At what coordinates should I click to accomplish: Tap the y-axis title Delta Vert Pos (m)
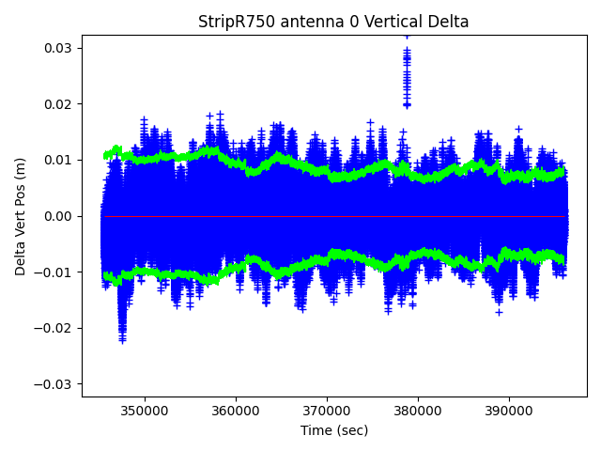click(x=21, y=216)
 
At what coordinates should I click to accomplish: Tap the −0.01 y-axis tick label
click(x=56, y=272)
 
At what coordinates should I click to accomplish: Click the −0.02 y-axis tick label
click(x=56, y=328)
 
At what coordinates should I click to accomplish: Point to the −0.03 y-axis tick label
click(x=56, y=384)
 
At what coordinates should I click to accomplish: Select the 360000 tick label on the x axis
click(x=236, y=412)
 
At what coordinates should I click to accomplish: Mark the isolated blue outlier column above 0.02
click(x=407, y=70)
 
